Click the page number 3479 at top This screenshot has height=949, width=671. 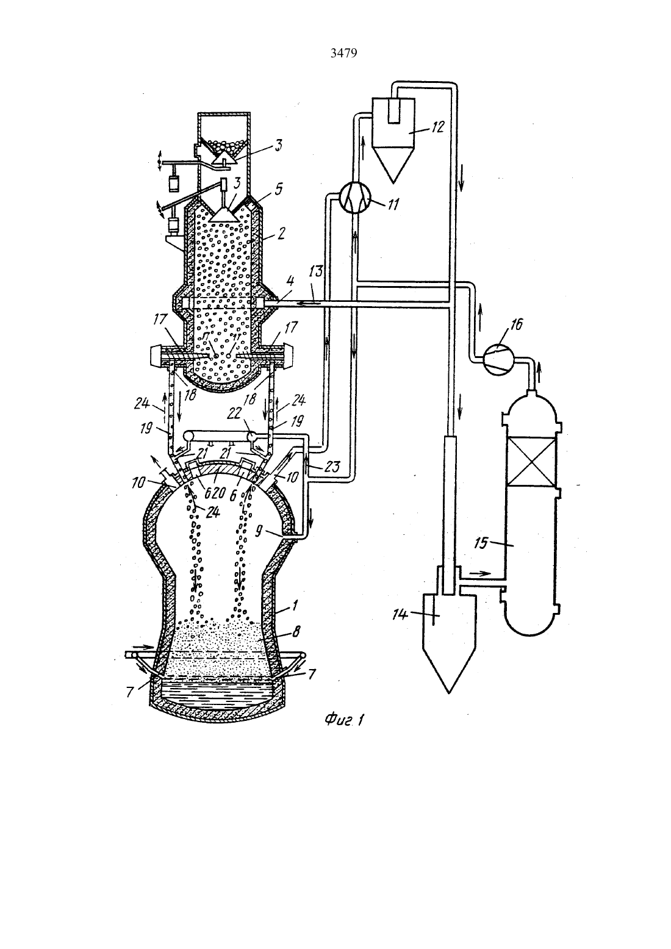pos(343,54)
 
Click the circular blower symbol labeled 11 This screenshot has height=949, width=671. pos(355,199)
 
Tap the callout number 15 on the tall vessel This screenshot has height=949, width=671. pos(482,543)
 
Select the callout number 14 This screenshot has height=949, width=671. pos(400,614)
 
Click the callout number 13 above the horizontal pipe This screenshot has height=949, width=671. pos(317,271)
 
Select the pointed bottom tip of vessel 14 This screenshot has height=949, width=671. pos(448,693)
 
